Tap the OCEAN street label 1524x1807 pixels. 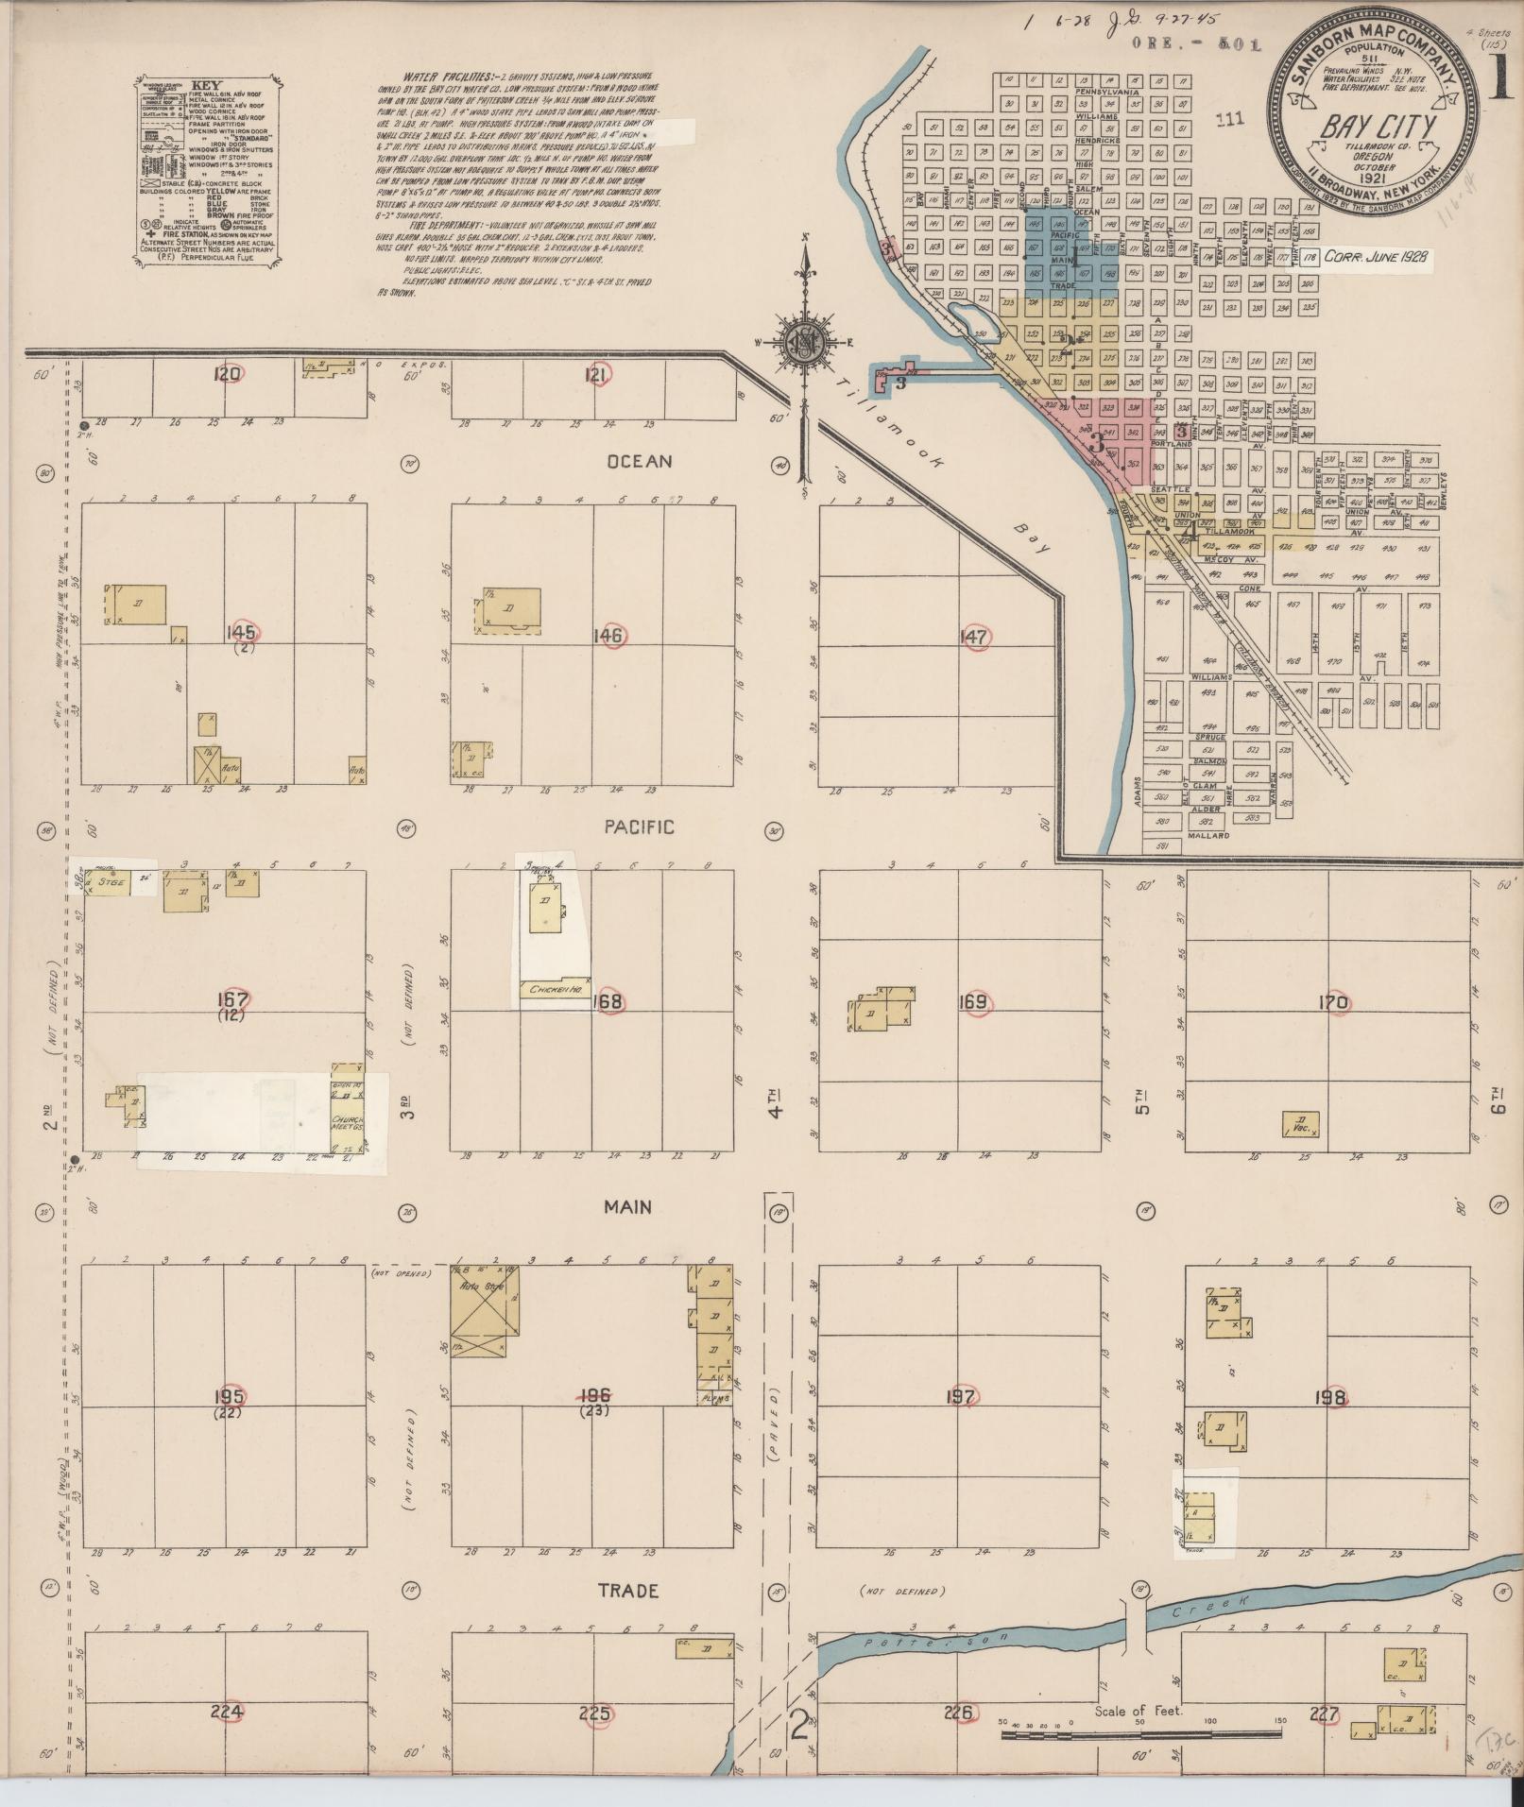(x=640, y=462)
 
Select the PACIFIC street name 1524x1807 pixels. (x=640, y=827)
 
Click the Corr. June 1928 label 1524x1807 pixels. (x=1376, y=256)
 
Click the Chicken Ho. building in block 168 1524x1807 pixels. (x=555, y=989)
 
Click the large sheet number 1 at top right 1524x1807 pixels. (x=1499, y=80)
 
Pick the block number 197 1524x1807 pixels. (x=960, y=1396)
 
